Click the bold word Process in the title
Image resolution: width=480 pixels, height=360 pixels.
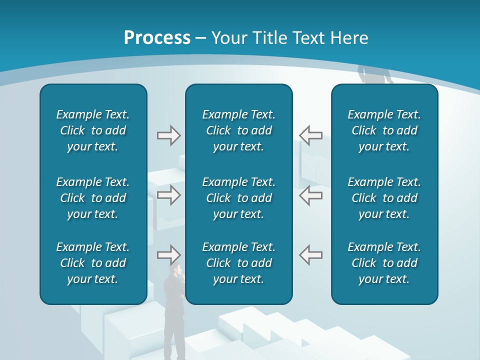tap(157, 38)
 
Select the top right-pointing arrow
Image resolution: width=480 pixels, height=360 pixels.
tap(168, 135)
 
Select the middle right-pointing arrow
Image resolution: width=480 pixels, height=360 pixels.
tap(168, 195)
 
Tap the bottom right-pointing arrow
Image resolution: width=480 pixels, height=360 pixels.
tap(168, 255)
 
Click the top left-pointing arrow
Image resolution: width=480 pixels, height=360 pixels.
tap(311, 135)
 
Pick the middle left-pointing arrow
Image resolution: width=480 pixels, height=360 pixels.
tap(311, 195)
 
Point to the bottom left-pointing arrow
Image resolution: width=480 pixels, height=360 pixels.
tap(311, 255)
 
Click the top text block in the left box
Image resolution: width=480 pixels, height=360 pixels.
tap(93, 130)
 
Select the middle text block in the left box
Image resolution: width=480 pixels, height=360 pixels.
tap(93, 198)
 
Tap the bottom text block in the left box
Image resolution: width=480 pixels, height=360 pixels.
tap(93, 263)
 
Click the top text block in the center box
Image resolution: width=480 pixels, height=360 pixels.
tap(239, 130)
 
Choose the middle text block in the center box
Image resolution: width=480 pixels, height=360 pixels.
tap(239, 198)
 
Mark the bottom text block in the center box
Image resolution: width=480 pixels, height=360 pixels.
tap(239, 263)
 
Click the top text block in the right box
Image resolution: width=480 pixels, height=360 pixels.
tap(384, 130)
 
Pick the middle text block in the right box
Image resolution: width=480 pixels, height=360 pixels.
tap(384, 198)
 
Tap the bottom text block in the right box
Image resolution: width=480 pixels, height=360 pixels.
tap(384, 263)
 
